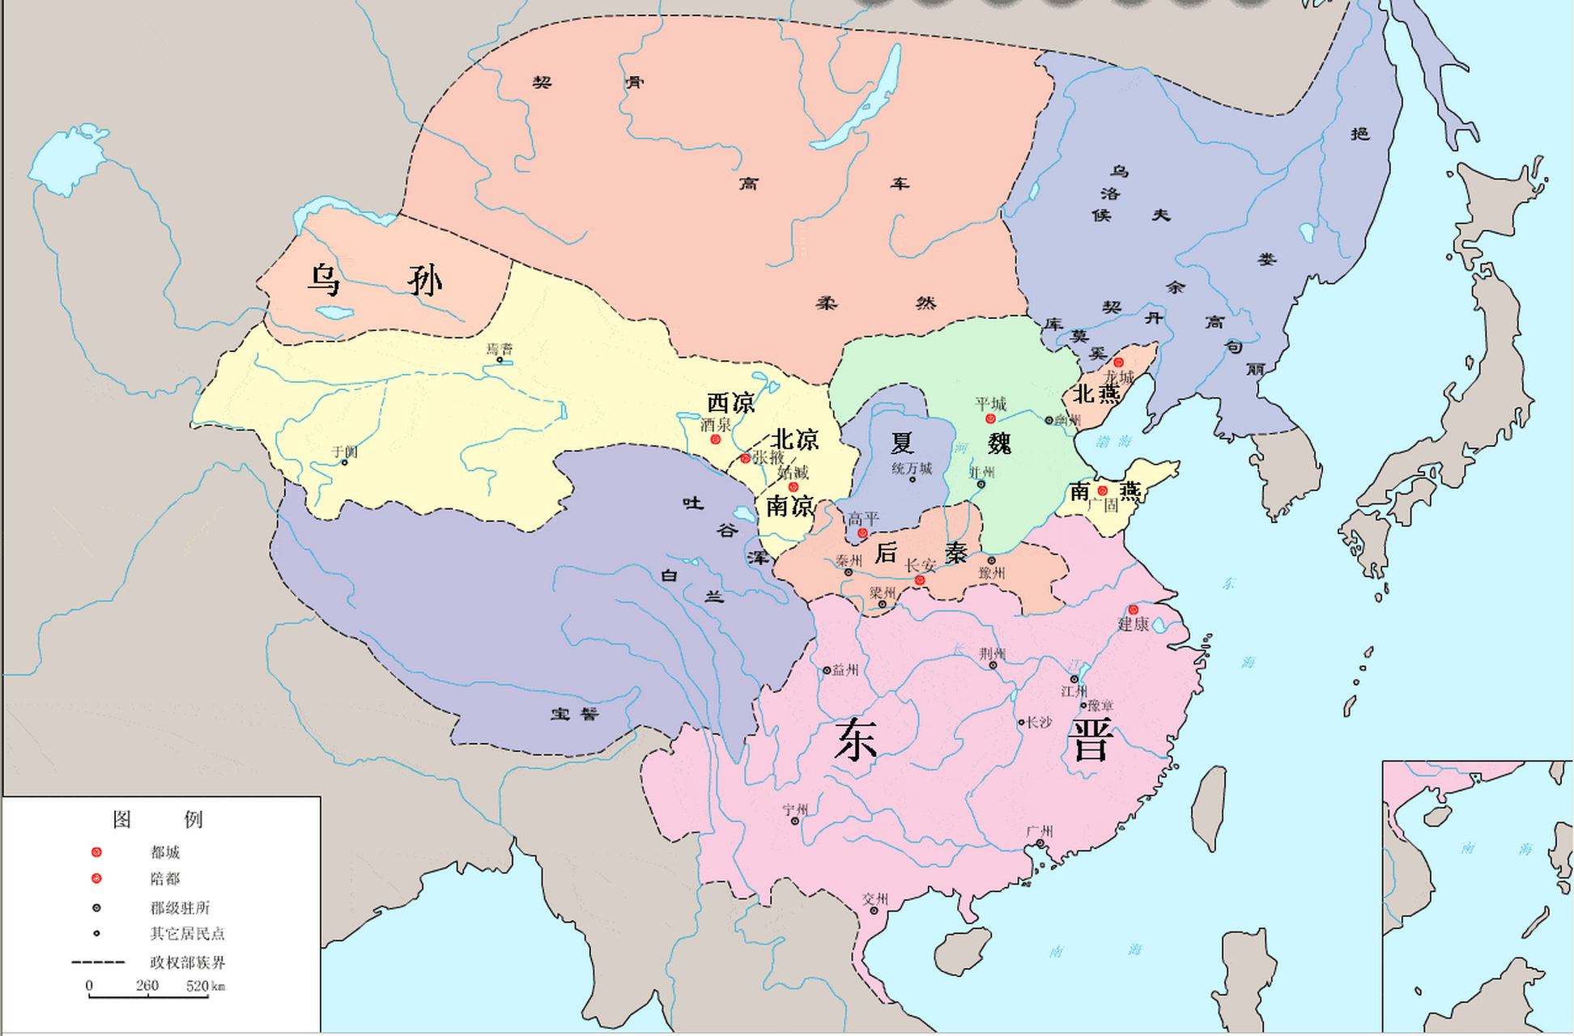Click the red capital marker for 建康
[1133, 609]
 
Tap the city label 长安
[921, 566]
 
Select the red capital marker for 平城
[990, 418]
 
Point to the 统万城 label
[912, 469]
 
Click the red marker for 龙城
[1118, 363]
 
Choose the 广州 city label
[1039, 831]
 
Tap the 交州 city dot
[874, 911]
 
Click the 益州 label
[845, 669]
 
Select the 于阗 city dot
[344, 462]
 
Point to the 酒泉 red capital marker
[715, 439]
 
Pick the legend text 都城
[165, 852]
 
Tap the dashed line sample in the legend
[98, 962]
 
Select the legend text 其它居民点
[187, 933]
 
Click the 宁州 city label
[795, 809]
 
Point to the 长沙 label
[1039, 722]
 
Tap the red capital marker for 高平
[862, 533]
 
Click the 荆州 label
[992, 653]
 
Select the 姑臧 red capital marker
[793, 487]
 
